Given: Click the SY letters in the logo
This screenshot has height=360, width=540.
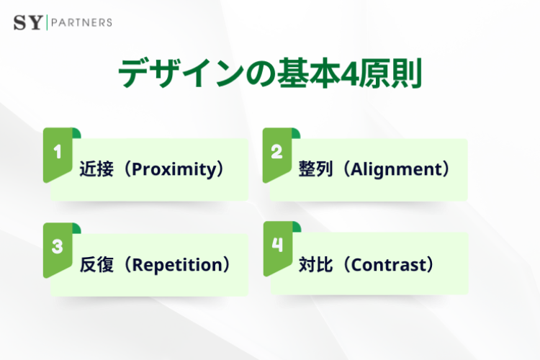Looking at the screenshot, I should click(x=28, y=22).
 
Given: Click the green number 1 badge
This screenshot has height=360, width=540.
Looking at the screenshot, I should click(x=58, y=153).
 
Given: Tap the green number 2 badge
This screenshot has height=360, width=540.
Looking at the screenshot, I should click(x=276, y=153).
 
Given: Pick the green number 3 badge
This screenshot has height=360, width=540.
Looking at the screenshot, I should click(x=58, y=247).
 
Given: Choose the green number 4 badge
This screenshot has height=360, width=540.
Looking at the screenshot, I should click(x=277, y=247).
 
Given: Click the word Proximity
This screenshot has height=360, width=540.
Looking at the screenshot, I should click(x=176, y=170).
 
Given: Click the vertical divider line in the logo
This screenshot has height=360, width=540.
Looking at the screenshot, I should click(x=47, y=22).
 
